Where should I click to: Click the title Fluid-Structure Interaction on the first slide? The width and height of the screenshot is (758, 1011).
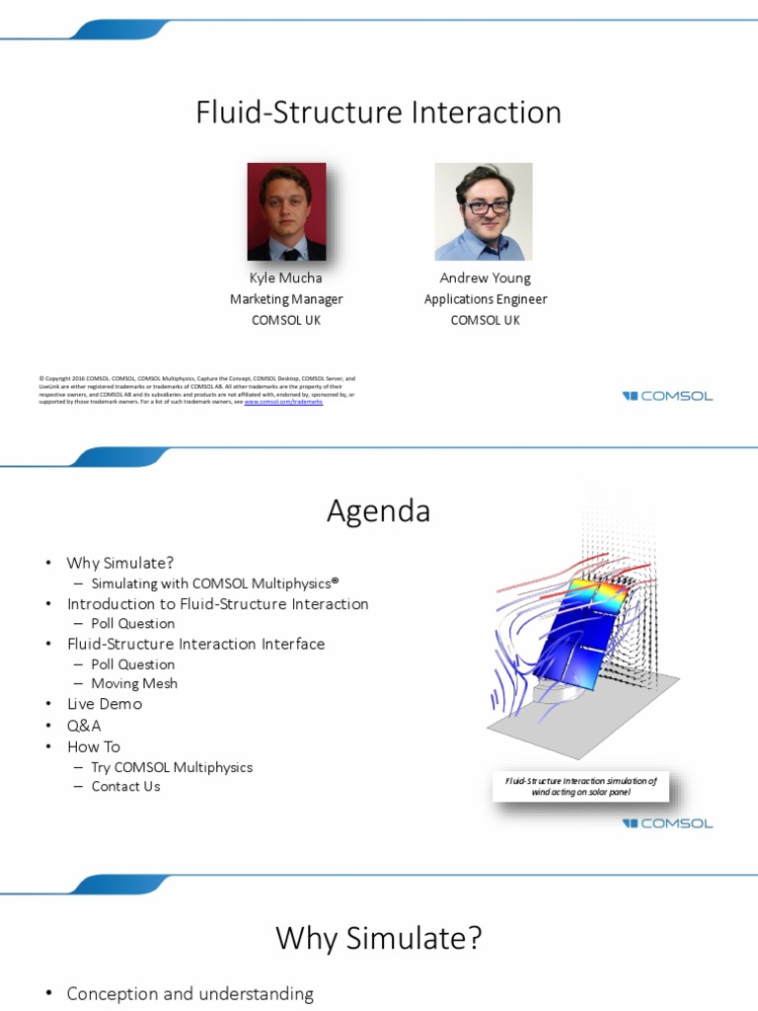378,113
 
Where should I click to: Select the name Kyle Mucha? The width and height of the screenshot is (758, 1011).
285,278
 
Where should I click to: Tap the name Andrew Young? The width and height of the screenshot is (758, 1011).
485,278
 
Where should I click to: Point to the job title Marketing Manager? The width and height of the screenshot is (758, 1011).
286,299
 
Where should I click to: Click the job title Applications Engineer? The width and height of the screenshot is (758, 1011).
485,299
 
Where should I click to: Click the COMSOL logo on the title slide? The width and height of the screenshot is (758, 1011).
667,396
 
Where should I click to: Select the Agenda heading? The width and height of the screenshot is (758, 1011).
378,511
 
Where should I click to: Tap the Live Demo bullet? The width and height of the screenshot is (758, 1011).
104,704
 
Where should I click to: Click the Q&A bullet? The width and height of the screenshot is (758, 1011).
84,726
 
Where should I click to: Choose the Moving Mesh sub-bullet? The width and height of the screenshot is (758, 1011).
134,683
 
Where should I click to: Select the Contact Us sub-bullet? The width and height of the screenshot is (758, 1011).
125,787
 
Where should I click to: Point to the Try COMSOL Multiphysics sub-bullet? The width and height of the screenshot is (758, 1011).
172,767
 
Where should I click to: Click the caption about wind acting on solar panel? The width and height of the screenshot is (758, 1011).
580,786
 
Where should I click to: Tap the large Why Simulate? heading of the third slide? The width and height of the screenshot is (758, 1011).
378,938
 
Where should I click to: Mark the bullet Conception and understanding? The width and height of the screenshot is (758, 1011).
189,994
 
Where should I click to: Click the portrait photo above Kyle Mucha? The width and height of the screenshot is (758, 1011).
286,211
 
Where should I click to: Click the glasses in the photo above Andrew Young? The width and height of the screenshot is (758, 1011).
487,207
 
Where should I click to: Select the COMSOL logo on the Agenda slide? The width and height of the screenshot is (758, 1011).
667,823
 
